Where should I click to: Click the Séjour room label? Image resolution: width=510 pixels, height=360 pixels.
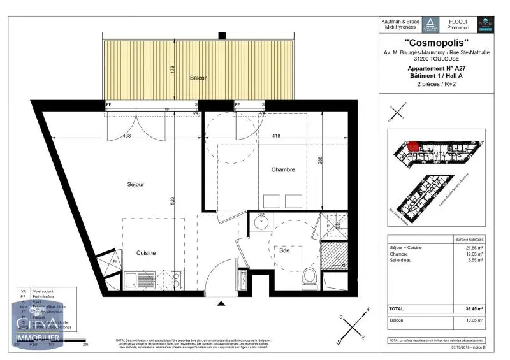[x=135, y=184]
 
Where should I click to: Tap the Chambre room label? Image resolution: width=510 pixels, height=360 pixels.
[x=283, y=169]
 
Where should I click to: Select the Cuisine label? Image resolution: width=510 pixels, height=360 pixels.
[x=146, y=253]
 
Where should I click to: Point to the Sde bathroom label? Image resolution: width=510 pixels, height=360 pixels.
[x=284, y=250]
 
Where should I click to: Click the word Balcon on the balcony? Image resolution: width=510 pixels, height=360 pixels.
[x=198, y=78]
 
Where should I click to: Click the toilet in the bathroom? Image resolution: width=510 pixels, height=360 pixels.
[x=309, y=276]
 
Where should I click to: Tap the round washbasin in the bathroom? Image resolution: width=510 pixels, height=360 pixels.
[x=261, y=223]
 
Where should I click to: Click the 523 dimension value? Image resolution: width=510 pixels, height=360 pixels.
[x=173, y=201]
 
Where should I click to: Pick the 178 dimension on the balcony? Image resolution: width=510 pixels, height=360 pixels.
[x=173, y=70]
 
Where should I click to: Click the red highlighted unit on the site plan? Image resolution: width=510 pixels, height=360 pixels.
[x=414, y=147]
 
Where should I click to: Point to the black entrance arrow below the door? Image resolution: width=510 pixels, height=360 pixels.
[x=221, y=303]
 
